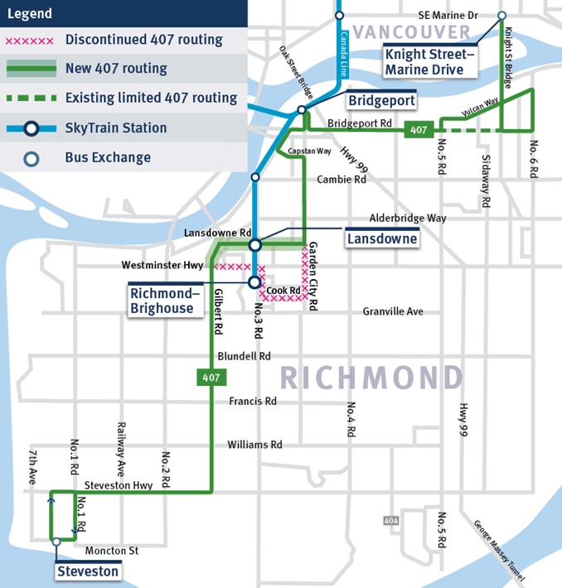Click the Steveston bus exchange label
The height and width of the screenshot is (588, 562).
pos(88,571)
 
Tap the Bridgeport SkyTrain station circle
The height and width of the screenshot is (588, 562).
pos(302,109)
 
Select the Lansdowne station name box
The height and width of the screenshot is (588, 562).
pos(382,239)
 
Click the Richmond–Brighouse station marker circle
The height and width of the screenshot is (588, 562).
pos(255,282)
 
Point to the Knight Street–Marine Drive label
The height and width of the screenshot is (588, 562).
pos(430,62)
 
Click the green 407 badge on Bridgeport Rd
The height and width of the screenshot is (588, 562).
pos(417,130)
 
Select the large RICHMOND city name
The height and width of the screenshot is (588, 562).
pos(371,378)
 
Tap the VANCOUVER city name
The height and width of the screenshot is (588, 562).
pos(411,31)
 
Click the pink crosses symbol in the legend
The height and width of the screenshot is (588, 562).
pos(31,40)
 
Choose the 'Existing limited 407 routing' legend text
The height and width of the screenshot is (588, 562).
pos(151,98)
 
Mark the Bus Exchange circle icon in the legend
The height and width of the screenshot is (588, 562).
pos(31,157)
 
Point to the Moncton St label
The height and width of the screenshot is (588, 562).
pos(111,550)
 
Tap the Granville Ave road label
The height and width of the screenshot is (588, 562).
pos(393,311)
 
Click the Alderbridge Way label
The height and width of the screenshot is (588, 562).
pos(408,218)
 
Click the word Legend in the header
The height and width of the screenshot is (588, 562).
pos(30,13)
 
